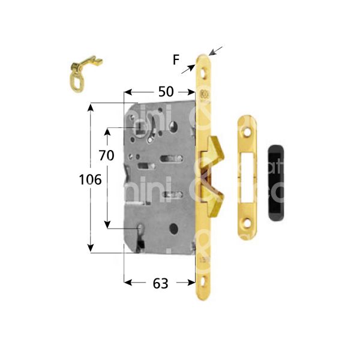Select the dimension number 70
(106, 155)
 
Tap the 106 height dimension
(89, 179)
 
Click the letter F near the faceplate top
(175, 59)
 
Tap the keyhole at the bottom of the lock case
(142, 235)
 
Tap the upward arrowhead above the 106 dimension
(91, 107)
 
